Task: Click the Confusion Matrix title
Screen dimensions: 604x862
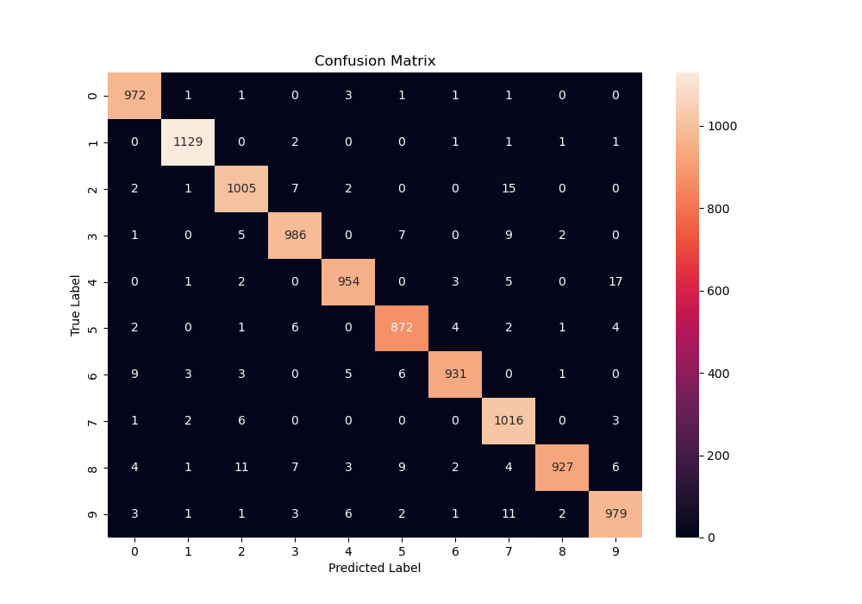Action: click(x=375, y=61)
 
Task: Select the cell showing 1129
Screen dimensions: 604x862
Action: click(x=188, y=142)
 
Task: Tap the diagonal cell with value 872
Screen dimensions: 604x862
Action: click(x=402, y=329)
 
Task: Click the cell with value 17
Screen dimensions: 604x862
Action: click(x=615, y=282)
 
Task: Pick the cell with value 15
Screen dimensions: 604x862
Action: click(x=509, y=189)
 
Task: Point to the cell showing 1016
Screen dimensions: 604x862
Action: click(x=509, y=422)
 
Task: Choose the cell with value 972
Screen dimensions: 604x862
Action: click(x=134, y=96)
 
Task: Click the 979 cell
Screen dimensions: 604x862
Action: click(x=615, y=515)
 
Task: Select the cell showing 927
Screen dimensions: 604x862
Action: click(x=562, y=469)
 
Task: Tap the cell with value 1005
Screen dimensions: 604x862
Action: click(x=241, y=189)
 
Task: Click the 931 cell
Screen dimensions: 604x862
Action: click(x=455, y=375)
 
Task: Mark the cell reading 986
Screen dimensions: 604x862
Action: click(x=295, y=236)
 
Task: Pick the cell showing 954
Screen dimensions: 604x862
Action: click(x=348, y=282)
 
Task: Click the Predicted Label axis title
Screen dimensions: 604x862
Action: click(x=375, y=569)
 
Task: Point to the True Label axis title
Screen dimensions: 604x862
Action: click(x=76, y=305)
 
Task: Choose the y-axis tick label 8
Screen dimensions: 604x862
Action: click(x=93, y=469)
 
